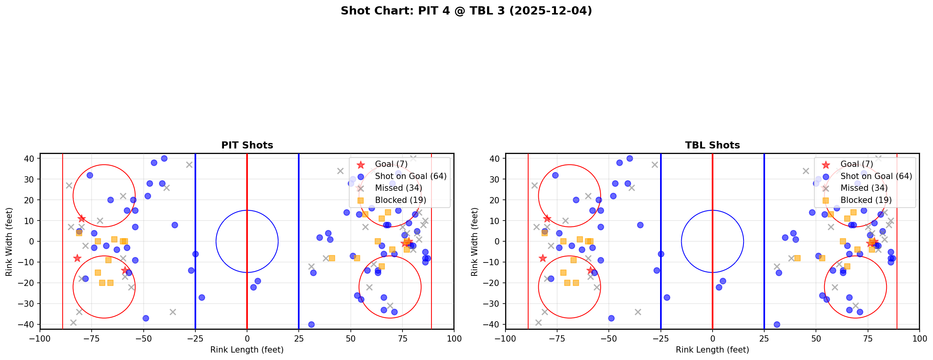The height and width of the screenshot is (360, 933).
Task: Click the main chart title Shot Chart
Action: [466, 11]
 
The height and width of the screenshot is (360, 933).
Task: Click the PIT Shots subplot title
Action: [247, 145]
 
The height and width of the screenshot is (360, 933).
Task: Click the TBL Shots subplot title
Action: [712, 145]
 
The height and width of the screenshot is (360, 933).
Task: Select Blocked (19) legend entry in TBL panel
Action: [866, 200]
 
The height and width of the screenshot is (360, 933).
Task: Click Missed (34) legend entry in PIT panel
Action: [398, 188]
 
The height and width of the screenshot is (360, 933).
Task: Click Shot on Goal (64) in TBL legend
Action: [876, 176]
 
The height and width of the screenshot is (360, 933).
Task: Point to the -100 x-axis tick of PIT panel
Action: [40, 338]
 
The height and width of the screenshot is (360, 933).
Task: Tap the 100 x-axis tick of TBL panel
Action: [919, 338]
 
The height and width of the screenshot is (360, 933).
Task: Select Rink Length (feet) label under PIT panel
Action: [247, 350]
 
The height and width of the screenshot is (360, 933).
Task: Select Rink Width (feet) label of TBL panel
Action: [475, 242]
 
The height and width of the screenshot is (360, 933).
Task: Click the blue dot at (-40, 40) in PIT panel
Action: [164, 158]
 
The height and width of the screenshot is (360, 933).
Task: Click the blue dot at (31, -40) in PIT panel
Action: [311, 324]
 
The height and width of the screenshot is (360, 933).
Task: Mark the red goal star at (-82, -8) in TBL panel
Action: [543, 258]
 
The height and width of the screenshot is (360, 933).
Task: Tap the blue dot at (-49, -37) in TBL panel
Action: [611, 318]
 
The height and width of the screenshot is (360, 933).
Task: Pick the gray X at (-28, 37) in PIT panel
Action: [189, 165]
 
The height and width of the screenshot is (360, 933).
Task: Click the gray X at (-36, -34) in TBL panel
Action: [638, 312]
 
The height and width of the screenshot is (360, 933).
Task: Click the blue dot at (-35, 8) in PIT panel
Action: [175, 225]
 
